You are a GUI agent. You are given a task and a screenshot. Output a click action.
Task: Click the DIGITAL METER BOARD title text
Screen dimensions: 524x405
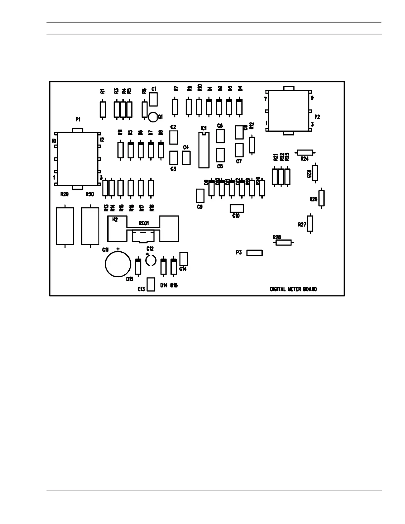(x=293, y=289)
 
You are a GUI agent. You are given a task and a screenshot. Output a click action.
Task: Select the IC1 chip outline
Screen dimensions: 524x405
(x=204, y=151)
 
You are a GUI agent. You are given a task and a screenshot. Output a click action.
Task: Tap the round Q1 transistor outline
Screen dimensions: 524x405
(x=153, y=116)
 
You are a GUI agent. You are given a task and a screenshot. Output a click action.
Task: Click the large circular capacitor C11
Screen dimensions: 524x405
(x=118, y=264)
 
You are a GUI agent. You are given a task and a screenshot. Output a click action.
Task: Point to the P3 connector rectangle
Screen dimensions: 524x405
(x=255, y=253)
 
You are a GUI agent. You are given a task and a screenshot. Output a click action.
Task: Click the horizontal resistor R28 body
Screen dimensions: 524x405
(x=284, y=242)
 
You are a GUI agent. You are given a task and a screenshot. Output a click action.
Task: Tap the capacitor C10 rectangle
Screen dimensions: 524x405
(x=237, y=208)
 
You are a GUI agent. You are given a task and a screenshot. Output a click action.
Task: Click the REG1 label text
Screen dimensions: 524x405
(x=144, y=223)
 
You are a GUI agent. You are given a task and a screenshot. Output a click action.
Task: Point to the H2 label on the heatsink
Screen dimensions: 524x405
(x=115, y=220)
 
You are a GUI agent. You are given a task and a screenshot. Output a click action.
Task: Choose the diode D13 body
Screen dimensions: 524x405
(x=138, y=267)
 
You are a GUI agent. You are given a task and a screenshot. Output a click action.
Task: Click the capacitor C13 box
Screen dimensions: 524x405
(x=151, y=284)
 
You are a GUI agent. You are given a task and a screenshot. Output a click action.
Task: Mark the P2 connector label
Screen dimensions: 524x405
(x=317, y=117)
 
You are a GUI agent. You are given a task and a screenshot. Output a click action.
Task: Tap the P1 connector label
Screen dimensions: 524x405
(x=78, y=119)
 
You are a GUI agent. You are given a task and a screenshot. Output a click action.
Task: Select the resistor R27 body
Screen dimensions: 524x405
(x=310, y=224)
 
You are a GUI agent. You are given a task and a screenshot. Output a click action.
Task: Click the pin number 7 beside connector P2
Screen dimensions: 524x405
(x=265, y=99)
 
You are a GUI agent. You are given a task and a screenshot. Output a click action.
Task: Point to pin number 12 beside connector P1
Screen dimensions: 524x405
(x=102, y=140)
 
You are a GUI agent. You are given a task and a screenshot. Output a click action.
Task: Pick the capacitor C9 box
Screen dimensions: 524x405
(x=200, y=196)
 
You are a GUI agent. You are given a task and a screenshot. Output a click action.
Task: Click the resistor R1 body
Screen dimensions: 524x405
(x=103, y=109)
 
